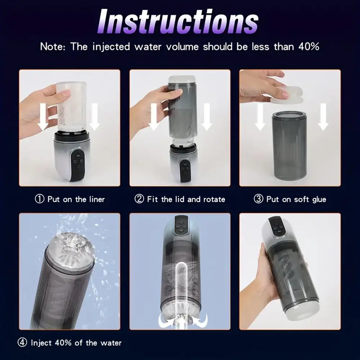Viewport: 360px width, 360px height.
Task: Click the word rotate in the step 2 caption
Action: (213, 199)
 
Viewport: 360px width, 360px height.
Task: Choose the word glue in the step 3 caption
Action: (319, 199)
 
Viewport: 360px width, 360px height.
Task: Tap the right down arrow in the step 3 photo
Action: (323, 116)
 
